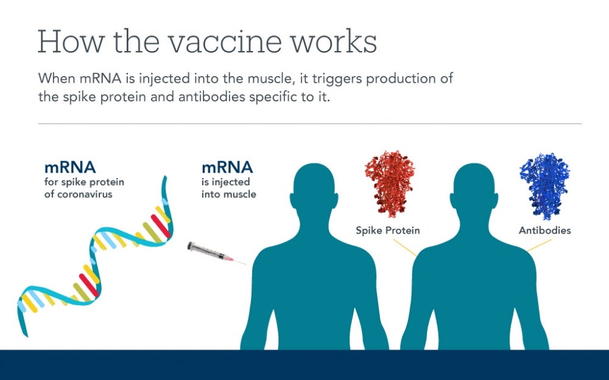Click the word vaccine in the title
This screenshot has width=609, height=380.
point(210,42)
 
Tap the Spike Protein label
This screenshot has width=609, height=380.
point(388,231)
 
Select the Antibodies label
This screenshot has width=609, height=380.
point(544,231)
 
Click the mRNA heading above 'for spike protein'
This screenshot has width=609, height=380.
point(70,167)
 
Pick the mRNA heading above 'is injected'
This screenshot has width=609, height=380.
point(227,167)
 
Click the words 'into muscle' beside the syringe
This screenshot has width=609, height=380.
point(229,195)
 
